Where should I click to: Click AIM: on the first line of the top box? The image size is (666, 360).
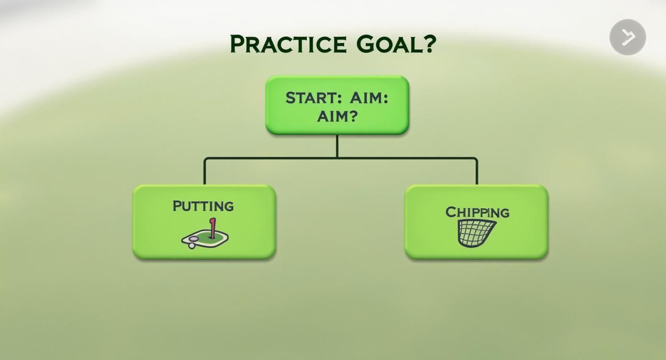point(369,98)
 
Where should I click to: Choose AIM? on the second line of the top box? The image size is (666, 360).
point(337,116)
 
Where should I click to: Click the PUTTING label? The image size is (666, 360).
point(203,206)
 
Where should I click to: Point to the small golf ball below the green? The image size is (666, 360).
point(192,246)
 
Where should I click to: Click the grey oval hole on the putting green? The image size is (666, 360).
point(193,238)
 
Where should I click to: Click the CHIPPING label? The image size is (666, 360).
point(477,212)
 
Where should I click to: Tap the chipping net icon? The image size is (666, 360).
point(476,233)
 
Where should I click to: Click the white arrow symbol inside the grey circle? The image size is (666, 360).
point(628,37)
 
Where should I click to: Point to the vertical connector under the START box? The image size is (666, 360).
point(337,146)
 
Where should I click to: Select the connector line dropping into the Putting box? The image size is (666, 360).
point(205,171)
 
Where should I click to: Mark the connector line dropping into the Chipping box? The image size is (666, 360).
point(477,171)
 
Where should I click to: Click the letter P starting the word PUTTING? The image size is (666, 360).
point(177,206)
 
